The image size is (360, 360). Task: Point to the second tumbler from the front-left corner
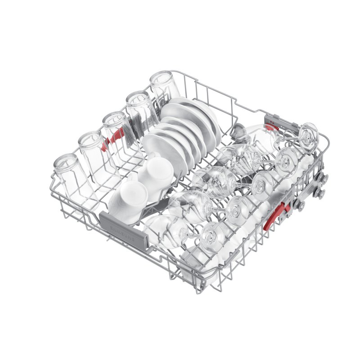click(x=92, y=148)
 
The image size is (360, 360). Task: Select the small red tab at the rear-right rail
click(x=271, y=127)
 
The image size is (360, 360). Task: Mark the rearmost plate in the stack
click(x=198, y=112)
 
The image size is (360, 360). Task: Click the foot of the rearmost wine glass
click(x=309, y=133)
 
